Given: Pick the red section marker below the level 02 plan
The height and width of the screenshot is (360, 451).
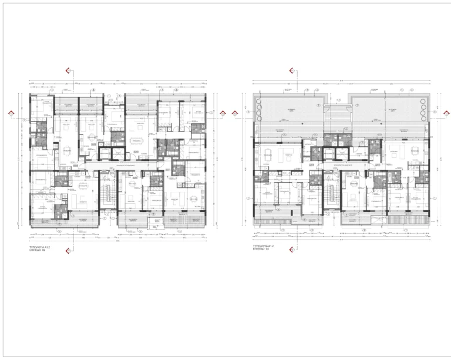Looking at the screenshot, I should pos(69,251).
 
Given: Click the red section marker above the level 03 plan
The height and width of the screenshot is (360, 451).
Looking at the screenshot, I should pos(291,70).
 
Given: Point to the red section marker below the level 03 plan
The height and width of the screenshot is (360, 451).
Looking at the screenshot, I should pos(291,248).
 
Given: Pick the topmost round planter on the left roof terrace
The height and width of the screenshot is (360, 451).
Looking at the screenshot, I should pos(260,101).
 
